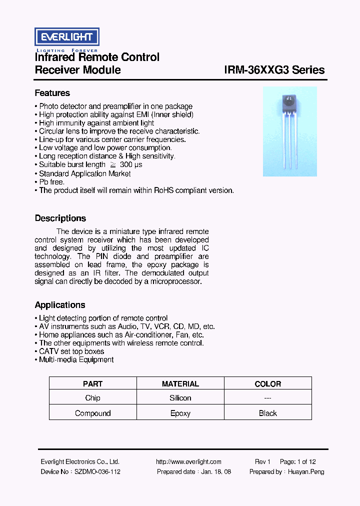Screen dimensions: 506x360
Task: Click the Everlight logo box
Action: [66, 37]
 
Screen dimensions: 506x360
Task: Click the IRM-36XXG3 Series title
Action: [274, 70]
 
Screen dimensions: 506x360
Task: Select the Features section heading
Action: [52, 93]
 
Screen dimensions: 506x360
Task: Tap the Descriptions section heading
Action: [60, 218]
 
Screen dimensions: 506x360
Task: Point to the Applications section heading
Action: [59, 305]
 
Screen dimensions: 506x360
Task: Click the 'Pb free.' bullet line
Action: [51, 182]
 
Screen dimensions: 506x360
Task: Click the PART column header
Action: [92, 384]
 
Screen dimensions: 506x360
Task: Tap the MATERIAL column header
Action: [180, 384]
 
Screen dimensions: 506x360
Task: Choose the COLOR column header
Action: [267, 384]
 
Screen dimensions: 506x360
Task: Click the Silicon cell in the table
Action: [180, 398]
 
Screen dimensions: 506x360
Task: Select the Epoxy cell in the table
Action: [180, 413]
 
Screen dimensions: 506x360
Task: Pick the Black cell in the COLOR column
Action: [267, 413]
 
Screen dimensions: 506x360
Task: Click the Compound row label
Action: [92, 413]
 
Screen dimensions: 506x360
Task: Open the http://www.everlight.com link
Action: [188, 462]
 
